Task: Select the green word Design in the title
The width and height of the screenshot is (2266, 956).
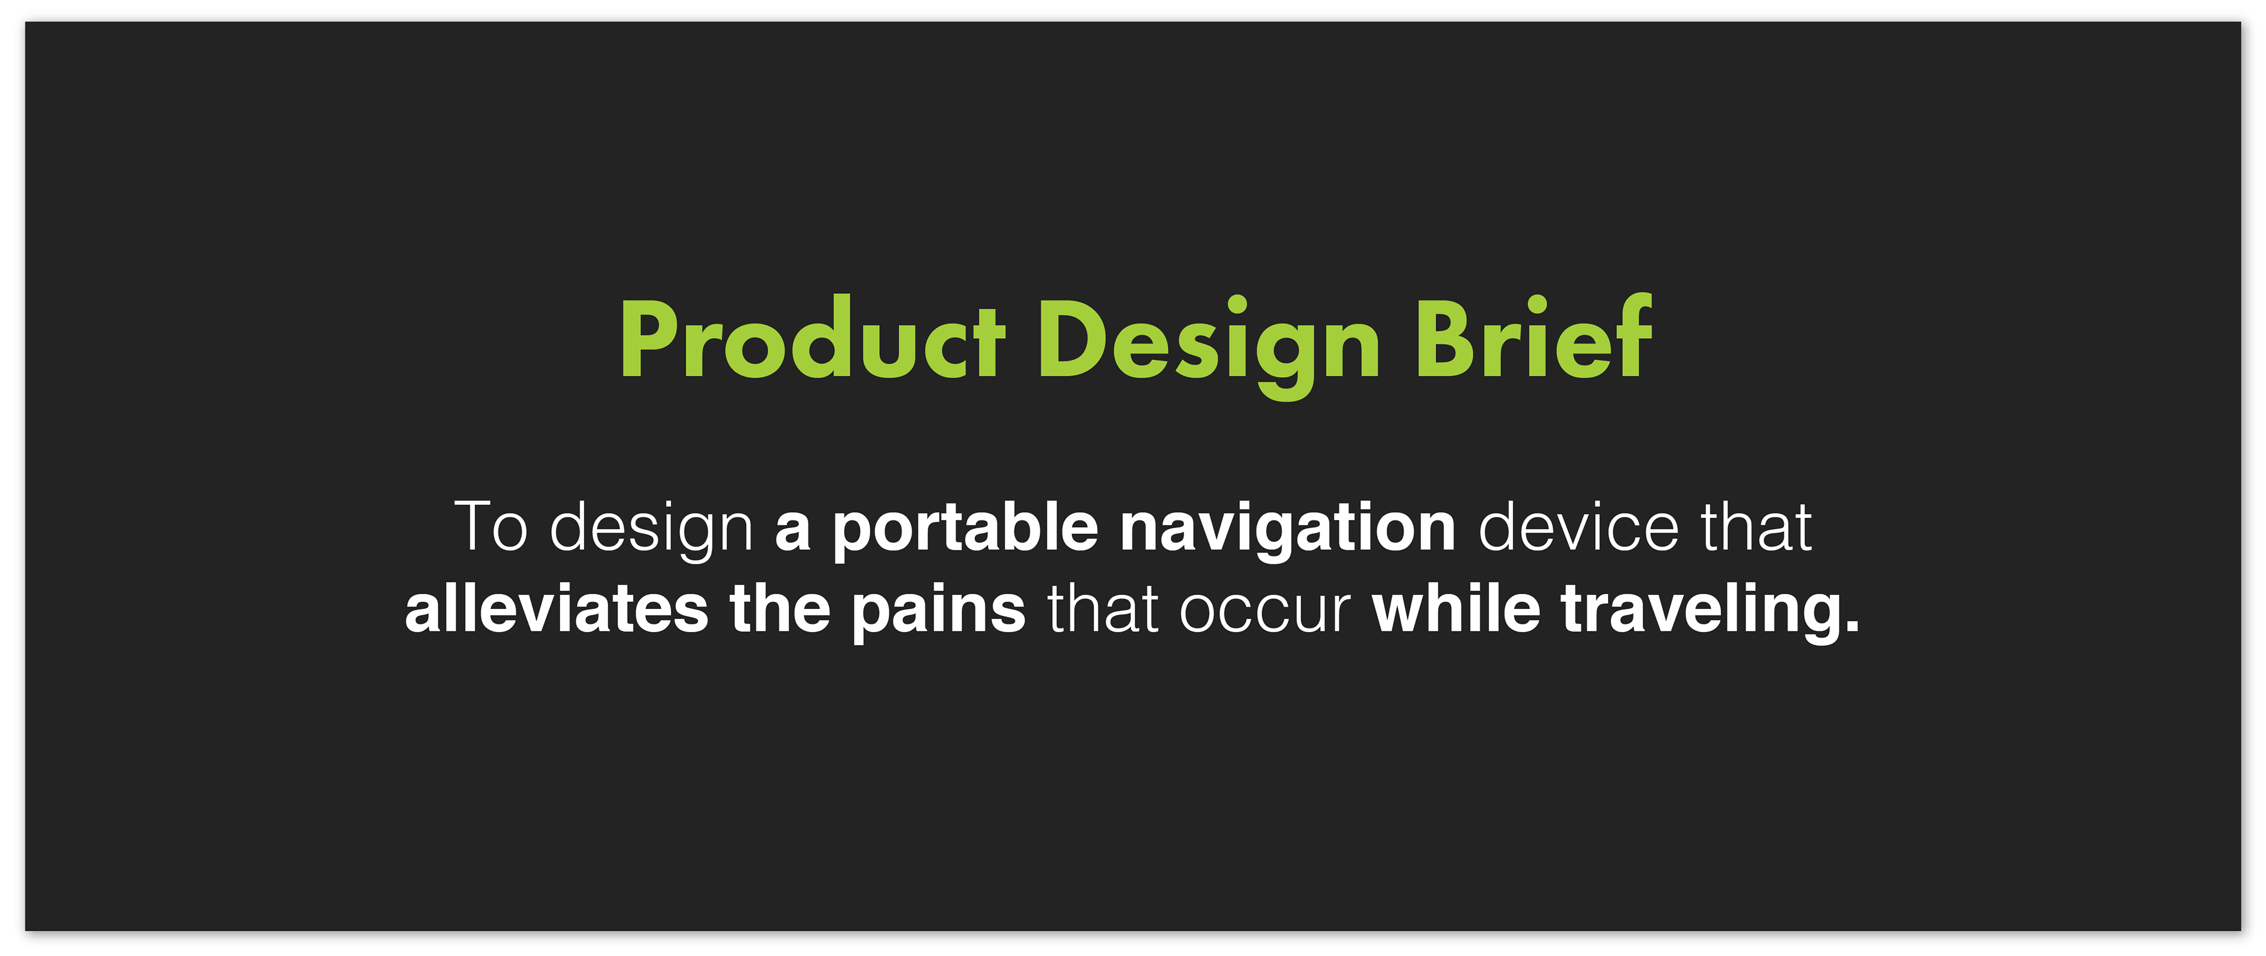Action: click(x=1210, y=346)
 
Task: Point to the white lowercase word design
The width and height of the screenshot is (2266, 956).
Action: click(x=652, y=531)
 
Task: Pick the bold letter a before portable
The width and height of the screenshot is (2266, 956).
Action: click(x=793, y=535)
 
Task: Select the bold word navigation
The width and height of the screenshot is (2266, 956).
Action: click(x=1288, y=531)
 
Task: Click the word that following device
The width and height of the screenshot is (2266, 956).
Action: click(x=1756, y=527)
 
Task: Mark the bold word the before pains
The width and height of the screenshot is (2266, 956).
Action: click(x=780, y=608)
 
